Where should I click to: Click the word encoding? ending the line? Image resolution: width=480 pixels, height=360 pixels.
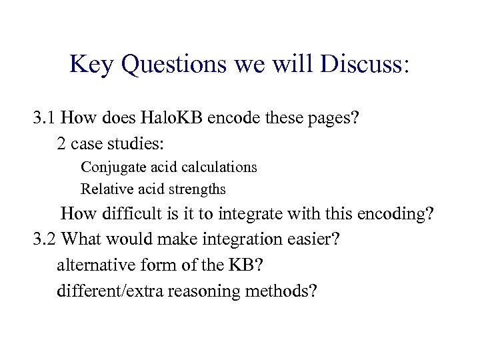click(x=397, y=215)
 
